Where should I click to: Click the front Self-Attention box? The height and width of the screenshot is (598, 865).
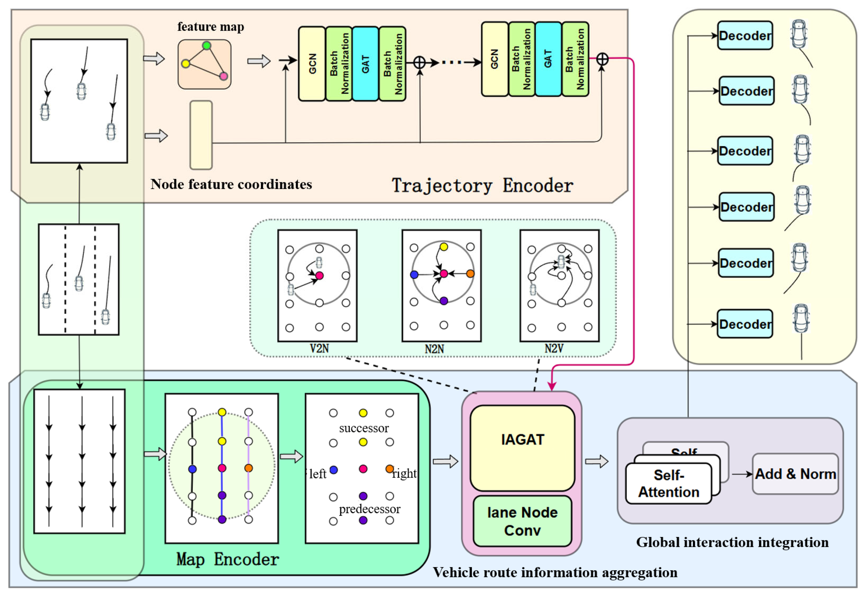(x=668, y=483)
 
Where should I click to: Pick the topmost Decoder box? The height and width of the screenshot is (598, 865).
(x=744, y=36)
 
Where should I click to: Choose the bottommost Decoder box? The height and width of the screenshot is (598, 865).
(x=744, y=324)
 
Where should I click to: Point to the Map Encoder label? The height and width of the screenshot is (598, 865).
(x=227, y=559)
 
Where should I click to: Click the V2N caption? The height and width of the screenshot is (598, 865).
(x=319, y=349)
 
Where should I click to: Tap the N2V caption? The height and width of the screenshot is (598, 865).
(x=554, y=349)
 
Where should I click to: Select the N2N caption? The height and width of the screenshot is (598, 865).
(x=434, y=349)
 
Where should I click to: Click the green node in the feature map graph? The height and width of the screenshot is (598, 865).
(x=206, y=46)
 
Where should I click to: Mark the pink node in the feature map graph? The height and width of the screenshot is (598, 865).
(x=224, y=76)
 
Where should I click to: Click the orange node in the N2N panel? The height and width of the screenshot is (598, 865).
(x=470, y=274)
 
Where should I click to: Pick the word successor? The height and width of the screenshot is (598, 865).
(x=364, y=428)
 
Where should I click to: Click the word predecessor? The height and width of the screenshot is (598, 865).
(x=370, y=508)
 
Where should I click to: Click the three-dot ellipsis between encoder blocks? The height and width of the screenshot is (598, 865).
(x=452, y=62)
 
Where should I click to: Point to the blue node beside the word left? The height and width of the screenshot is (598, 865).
(x=333, y=469)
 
